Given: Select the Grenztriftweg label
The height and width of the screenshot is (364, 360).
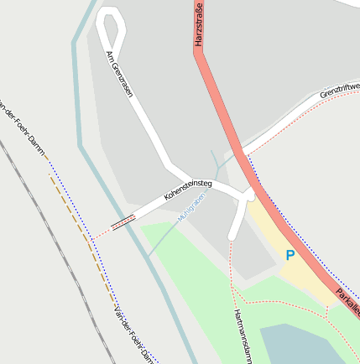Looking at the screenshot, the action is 339,89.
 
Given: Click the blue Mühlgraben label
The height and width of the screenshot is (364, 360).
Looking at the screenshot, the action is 191,206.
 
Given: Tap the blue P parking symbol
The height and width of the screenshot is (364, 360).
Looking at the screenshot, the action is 290,255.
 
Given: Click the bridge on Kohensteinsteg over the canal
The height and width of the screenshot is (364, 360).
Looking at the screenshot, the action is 123,221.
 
